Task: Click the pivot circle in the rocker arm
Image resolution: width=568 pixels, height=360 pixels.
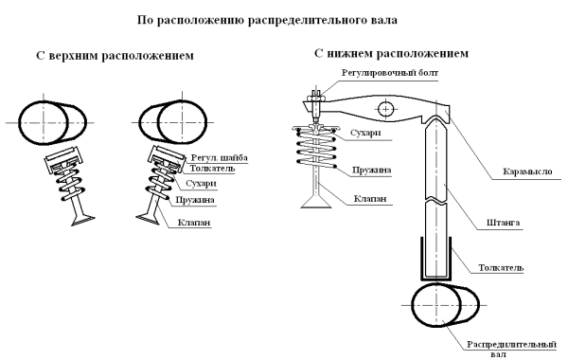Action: pos(384,110)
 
